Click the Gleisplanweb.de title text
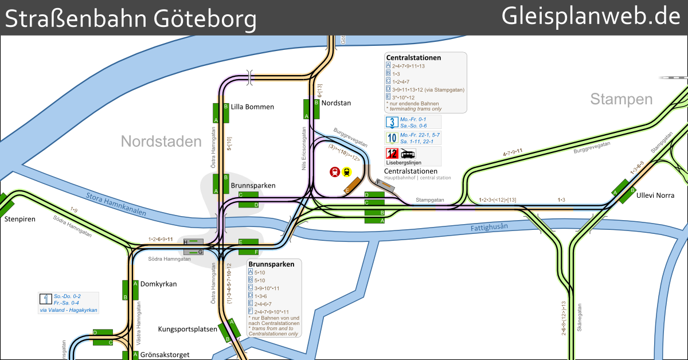pos(591,17)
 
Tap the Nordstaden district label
pos(161,142)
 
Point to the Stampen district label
pos(621,100)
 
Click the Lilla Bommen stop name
pos(252,107)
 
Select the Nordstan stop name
pos(336,103)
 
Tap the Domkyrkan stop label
pos(159,284)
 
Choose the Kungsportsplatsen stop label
pos(187,329)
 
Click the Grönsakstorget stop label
pos(165,355)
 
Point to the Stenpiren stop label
pos(19,219)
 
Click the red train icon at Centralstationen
pos(335,172)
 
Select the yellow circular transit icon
pos(347,172)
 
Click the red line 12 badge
pos(392,154)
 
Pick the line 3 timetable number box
pos(392,122)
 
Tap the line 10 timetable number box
pos(392,138)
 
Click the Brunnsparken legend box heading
pos(272,264)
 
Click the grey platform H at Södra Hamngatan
pos(193,242)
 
